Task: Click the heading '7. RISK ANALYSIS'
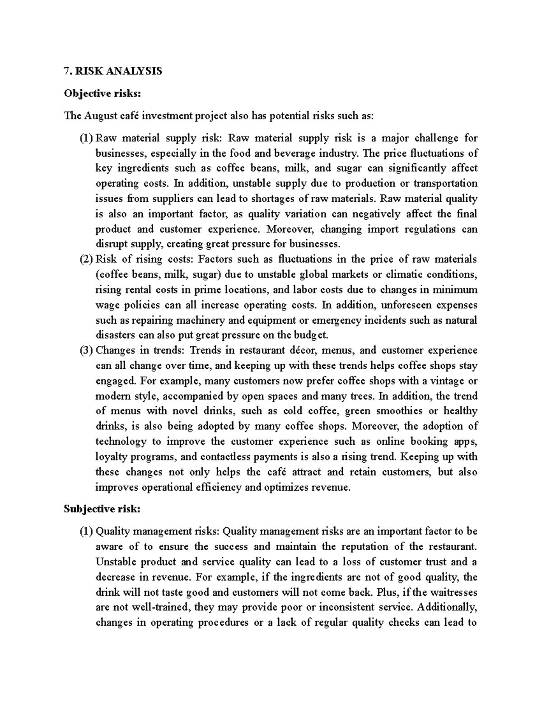click(x=113, y=71)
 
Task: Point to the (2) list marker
click(x=87, y=260)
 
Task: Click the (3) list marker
click(x=87, y=350)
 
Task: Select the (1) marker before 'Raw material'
click(x=87, y=138)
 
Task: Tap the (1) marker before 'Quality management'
click(x=87, y=531)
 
